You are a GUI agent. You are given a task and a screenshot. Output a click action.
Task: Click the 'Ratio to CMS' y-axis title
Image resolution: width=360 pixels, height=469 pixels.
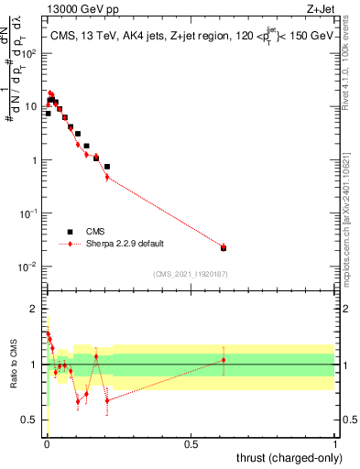point(14,364)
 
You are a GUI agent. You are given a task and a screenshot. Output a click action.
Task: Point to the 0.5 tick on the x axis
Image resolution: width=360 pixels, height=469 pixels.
point(191,443)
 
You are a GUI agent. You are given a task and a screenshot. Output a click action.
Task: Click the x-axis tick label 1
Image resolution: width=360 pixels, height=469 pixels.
point(335,443)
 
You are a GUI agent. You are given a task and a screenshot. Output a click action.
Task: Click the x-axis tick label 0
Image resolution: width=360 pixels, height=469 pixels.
point(47,443)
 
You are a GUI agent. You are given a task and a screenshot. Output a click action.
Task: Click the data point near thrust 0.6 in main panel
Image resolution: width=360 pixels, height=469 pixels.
point(224,247)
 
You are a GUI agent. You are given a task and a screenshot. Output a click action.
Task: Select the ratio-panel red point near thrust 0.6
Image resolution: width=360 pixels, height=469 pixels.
point(224,360)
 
